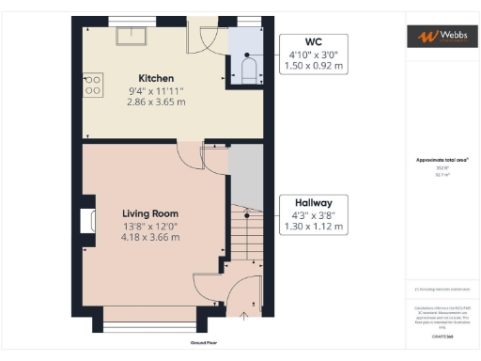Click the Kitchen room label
pos(154,78)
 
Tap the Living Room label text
pos(150,213)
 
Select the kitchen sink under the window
pos(126,36)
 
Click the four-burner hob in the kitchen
pos(93,86)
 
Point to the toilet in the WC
pos(249,71)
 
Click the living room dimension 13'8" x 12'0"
pos(150,226)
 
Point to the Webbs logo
pos(441,36)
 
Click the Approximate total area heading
pos(441,161)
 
